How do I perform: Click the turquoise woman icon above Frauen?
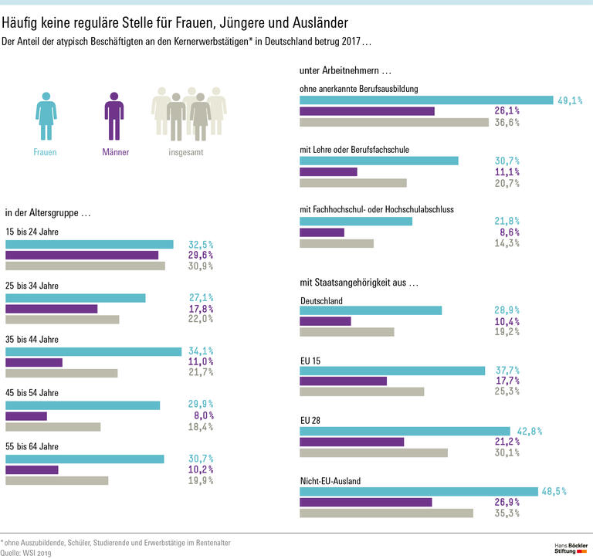[x=46, y=116]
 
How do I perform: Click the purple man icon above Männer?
[x=114, y=116]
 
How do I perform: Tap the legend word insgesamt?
[x=186, y=152]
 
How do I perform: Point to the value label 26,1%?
[x=507, y=111]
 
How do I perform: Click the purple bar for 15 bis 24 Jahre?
[x=82, y=255]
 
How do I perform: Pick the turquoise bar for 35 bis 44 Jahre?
[x=93, y=351]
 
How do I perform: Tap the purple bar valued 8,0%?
[x=26, y=415]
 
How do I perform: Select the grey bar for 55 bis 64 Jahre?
[x=57, y=480]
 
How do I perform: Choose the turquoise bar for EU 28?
[x=405, y=431]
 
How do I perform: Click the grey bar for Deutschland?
[x=347, y=332]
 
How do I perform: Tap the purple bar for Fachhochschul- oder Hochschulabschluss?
[x=322, y=232]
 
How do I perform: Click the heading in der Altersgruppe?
[x=49, y=213]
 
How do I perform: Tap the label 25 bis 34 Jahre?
[x=32, y=286]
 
